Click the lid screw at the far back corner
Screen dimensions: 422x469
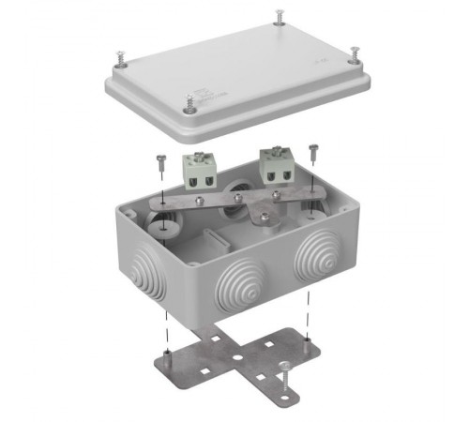[280, 18]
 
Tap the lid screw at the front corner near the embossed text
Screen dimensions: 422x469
[190, 102]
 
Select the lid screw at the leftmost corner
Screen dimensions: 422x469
[122, 58]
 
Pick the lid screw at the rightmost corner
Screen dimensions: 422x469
[355, 53]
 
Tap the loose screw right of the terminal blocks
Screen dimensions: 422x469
[312, 151]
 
